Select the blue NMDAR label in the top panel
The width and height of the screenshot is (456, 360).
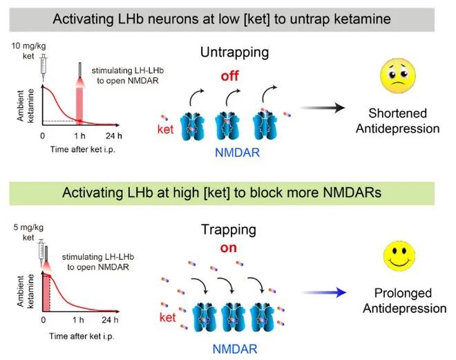236,153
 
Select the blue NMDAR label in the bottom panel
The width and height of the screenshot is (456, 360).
236,350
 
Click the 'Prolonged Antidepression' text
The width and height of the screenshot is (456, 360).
405,301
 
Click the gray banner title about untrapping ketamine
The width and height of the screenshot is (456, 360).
227,19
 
